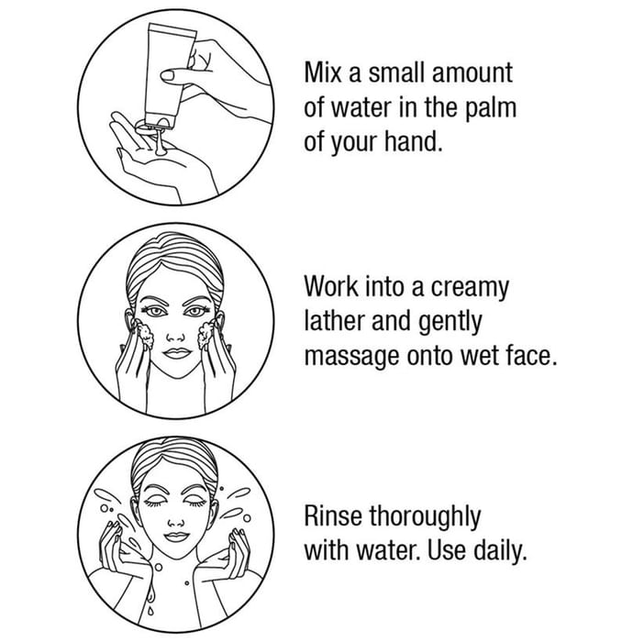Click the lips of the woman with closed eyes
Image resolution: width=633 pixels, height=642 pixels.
pyautogui.click(x=176, y=536)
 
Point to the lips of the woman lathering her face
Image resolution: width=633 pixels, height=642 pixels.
pyautogui.click(x=176, y=353)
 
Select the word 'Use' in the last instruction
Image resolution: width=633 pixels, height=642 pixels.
pyautogui.click(x=446, y=550)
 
